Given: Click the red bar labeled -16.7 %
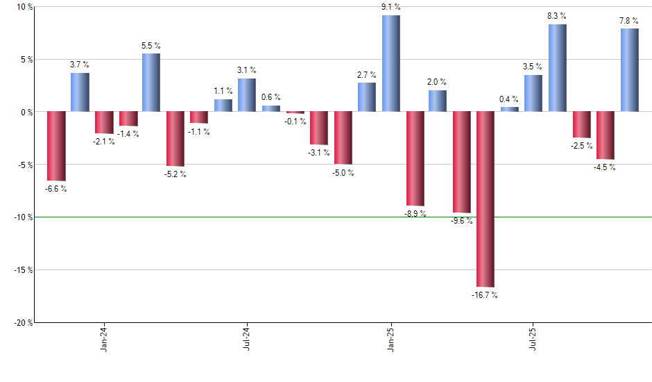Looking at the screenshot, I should point(486,199).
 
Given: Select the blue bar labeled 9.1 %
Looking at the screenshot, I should point(391,63).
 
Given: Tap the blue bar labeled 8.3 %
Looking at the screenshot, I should point(557,67).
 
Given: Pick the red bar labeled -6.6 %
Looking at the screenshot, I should point(56,146).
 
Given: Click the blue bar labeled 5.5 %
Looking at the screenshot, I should point(151,82).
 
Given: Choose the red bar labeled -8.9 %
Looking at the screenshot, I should point(415,158).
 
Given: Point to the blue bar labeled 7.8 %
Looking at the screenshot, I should point(629,69).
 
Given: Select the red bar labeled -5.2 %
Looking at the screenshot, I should point(175,138).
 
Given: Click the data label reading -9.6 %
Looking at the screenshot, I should point(461,221).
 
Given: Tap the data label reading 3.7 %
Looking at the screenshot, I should point(80,65).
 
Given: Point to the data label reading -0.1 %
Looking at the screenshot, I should point(296,122).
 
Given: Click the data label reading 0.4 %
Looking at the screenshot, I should point(510,99).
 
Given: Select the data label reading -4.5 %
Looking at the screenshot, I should point(604,167).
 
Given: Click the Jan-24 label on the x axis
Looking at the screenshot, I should point(104,340).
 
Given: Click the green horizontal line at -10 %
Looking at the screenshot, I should point(277,217).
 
